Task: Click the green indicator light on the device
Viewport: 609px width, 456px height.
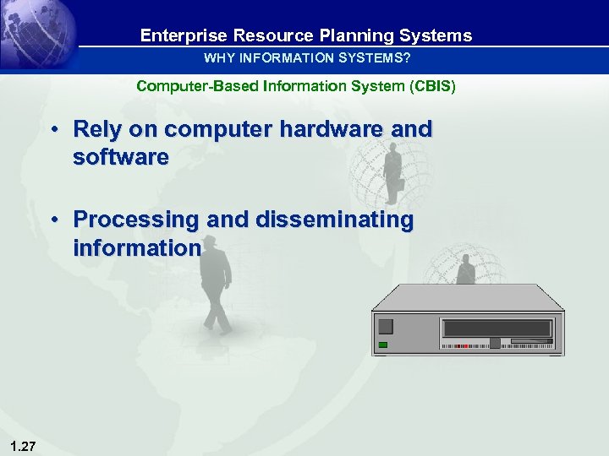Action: coord(383,345)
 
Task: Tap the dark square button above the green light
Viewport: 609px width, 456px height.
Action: coord(386,327)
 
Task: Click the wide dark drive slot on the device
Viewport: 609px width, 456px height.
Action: coord(497,328)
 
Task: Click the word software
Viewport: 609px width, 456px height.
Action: coord(121,157)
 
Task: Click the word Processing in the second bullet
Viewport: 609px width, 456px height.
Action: coord(135,220)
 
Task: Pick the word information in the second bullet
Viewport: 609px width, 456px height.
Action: coord(137,248)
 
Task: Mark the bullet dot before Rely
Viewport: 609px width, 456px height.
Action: coord(53,129)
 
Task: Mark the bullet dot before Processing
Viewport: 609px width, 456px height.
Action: coord(53,220)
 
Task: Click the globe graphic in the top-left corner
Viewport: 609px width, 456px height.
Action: coord(38,34)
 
